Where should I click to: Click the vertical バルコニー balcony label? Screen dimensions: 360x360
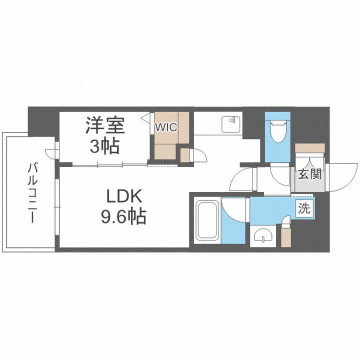[x=31, y=192]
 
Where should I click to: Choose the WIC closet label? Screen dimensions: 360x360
[x=165, y=127]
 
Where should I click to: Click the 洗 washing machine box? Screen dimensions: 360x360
[x=304, y=208]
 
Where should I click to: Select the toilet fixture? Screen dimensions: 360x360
[x=277, y=131]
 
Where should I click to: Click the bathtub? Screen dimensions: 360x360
[x=206, y=220]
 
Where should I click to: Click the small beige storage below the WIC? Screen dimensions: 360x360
[x=184, y=154]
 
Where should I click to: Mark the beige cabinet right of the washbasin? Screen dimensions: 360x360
[x=285, y=235]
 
